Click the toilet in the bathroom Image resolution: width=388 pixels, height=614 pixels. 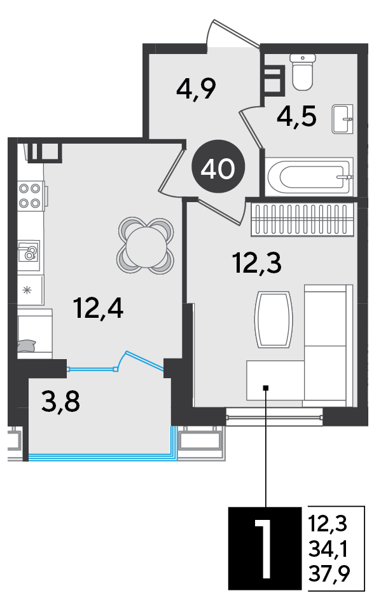303,72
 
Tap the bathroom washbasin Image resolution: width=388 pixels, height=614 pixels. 343,119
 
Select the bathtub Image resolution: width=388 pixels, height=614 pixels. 309,177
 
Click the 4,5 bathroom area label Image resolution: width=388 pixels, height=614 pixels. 296,116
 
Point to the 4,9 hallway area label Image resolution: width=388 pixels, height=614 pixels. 196,89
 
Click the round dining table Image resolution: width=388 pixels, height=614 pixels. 146,246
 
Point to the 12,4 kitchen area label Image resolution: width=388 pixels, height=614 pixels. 99,308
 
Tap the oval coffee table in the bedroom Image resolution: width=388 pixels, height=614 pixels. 274,319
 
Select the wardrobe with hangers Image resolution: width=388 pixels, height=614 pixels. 301,220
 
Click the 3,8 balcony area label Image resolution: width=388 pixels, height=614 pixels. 61,402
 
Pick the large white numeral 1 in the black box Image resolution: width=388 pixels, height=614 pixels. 264,548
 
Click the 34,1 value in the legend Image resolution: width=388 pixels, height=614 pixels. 328,549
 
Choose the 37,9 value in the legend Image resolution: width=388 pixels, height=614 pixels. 329,574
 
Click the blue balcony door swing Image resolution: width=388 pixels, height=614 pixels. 141,360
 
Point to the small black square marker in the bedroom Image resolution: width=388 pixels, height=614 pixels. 266,388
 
